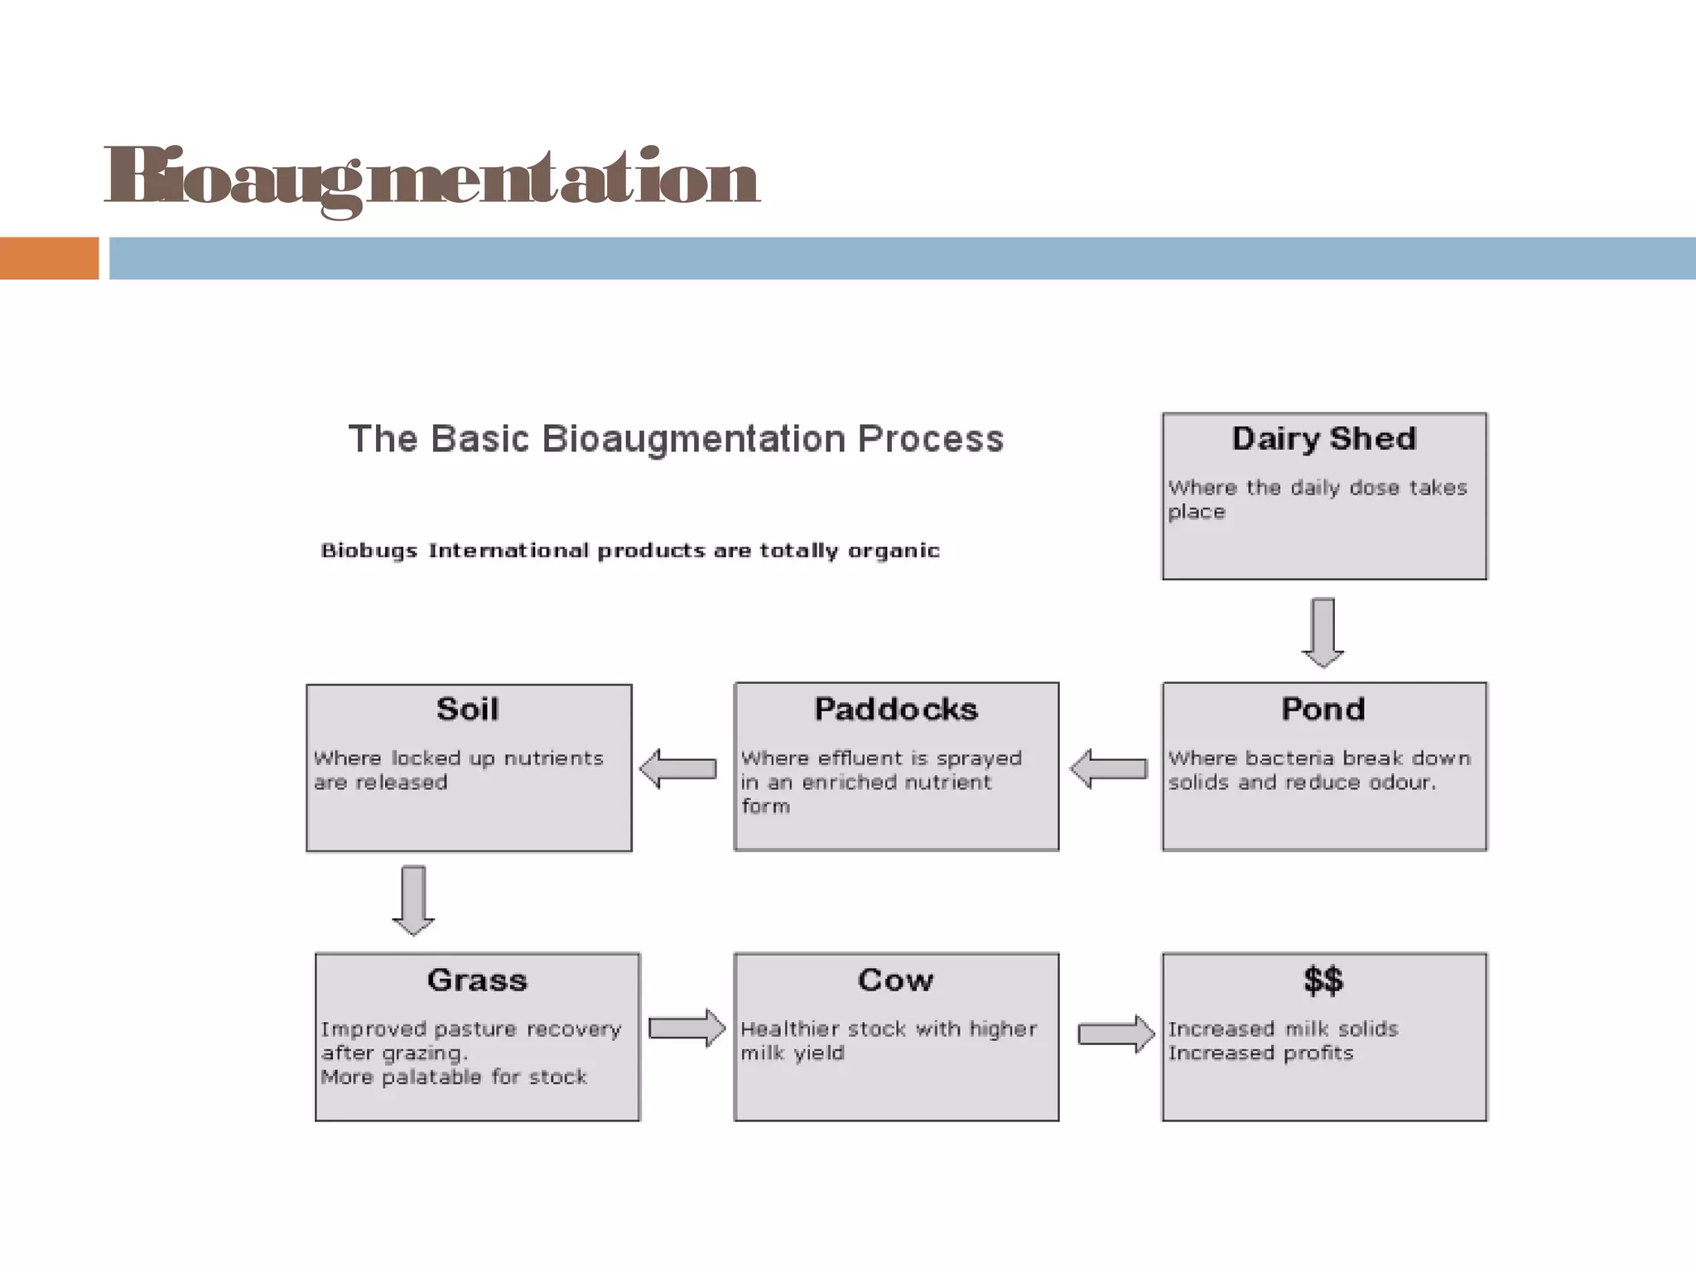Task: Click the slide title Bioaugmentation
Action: point(431,178)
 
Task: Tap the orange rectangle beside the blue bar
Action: point(49,258)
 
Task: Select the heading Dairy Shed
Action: point(1323,438)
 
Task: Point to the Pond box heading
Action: point(1323,709)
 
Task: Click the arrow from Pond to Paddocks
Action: point(1109,769)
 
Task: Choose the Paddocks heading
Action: point(895,709)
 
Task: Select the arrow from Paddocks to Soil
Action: point(678,768)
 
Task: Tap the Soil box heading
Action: point(468,709)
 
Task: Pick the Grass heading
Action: point(477,980)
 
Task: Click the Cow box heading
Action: point(895,980)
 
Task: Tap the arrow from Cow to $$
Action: point(1115,1033)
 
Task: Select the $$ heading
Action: point(1323,980)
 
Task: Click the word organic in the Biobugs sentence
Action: point(894,552)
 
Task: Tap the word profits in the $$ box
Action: point(1318,1053)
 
